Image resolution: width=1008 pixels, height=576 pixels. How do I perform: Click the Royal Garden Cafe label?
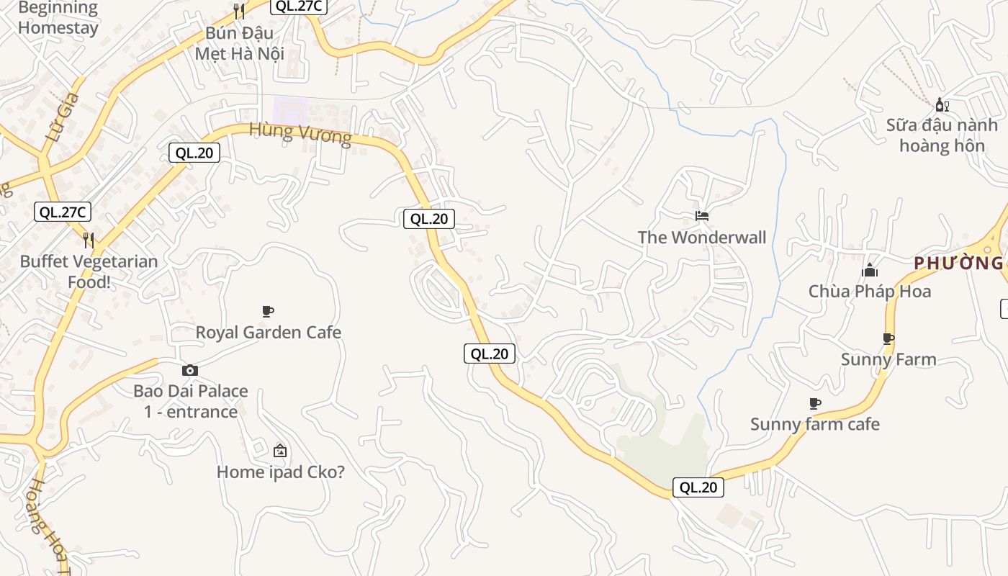pyautogui.click(x=268, y=333)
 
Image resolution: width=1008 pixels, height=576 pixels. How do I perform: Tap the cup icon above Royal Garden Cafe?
pyautogui.click(x=268, y=311)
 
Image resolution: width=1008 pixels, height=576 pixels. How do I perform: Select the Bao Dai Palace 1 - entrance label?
pyautogui.click(x=190, y=401)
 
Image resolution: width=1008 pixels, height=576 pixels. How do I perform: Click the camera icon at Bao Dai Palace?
pyautogui.click(x=190, y=370)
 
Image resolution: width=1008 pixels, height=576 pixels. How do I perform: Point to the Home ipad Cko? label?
pyautogui.click(x=280, y=472)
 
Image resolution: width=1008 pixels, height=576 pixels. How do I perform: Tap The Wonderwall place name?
pyautogui.click(x=701, y=237)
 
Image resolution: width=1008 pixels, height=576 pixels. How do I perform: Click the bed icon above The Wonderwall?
pyautogui.click(x=702, y=215)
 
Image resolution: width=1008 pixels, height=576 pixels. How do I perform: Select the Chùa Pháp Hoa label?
pyautogui.click(x=869, y=292)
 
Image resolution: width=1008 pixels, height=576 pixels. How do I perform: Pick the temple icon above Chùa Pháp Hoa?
pyautogui.click(x=870, y=271)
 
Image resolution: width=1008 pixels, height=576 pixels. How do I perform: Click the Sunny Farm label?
pyautogui.click(x=888, y=359)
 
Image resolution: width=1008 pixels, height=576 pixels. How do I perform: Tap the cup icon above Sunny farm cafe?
pyautogui.click(x=815, y=403)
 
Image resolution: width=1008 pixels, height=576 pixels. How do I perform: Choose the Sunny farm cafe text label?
pyautogui.click(x=815, y=424)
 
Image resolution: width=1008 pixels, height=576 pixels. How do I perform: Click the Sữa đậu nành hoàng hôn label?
pyautogui.click(x=942, y=135)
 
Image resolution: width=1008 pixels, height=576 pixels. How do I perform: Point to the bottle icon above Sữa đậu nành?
pyautogui.click(x=942, y=105)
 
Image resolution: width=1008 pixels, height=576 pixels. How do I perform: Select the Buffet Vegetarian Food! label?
pyautogui.click(x=89, y=271)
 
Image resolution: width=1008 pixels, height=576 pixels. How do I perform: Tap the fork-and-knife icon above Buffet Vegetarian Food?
pyautogui.click(x=89, y=240)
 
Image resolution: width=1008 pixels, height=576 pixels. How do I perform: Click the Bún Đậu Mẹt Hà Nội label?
pyautogui.click(x=240, y=43)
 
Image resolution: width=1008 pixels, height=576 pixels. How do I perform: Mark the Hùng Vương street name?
pyautogui.click(x=300, y=134)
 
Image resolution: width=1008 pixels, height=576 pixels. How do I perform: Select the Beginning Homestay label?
pyautogui.click(x=58, y=18)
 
